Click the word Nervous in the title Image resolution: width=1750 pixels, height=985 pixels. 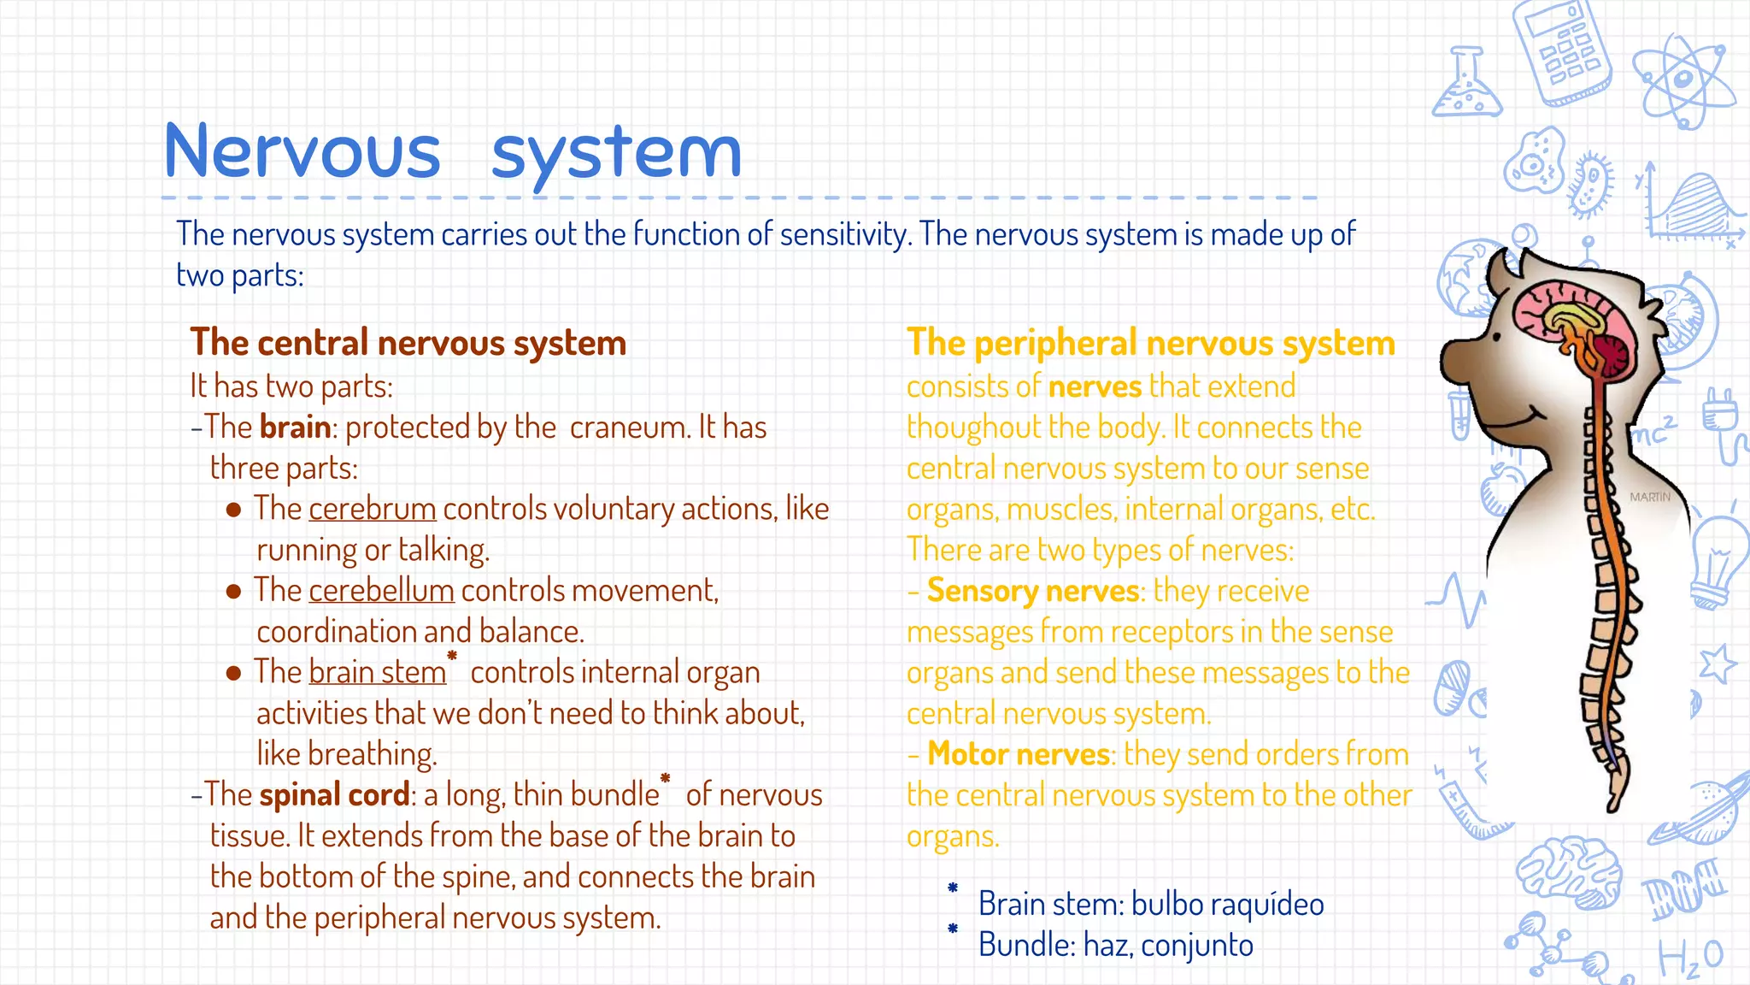pos(302,152)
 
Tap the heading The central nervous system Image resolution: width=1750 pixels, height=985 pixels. pos(408,343)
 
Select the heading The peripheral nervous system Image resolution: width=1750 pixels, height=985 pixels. pos(1150,343)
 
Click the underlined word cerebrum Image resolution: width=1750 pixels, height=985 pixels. pos(372,509)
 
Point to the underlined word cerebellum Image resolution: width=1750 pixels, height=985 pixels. pos(381,591)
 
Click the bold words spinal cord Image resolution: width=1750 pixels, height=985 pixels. pos(334,795)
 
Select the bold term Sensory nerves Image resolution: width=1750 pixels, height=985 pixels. pos(1033,591)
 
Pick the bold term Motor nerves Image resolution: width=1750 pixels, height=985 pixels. pos(1018,754)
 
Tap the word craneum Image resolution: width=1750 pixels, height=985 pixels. pos(628,428)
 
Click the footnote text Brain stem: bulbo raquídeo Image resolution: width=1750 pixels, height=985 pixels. pos(1150,904)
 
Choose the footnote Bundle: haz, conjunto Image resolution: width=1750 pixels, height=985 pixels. pos(1115,945)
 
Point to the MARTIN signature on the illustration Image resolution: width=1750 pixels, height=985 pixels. pos(1649,497)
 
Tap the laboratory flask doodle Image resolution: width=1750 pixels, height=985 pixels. pos(1466,86)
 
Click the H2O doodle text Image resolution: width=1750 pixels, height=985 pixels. pos(1690,958)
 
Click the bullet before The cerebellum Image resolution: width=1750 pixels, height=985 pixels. pos(233,592)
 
